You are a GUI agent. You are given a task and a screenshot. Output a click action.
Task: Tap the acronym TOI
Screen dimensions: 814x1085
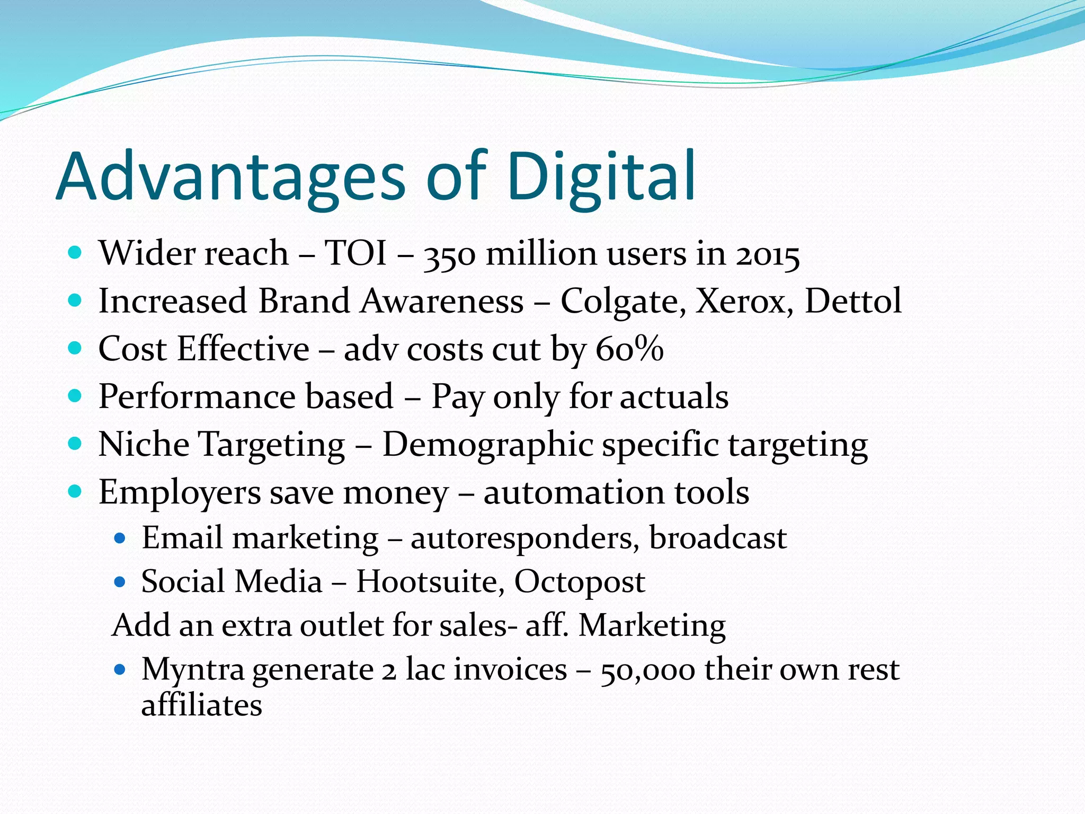coord(355,253)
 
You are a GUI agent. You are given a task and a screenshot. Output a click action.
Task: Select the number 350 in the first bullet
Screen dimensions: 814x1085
coord(450,255)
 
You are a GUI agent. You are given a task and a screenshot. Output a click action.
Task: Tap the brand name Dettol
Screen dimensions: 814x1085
coord(853,300)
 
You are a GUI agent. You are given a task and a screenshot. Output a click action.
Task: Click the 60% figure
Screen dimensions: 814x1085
coord(629,349)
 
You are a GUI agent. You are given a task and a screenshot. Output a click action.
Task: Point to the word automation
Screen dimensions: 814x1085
coord(573,492)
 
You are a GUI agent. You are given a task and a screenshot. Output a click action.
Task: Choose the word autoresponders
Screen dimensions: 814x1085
coord(524,539)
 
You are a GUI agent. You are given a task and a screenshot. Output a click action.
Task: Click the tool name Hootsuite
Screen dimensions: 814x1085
coord(430,581)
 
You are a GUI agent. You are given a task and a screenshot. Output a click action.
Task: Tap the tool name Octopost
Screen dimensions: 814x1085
coord(580,582)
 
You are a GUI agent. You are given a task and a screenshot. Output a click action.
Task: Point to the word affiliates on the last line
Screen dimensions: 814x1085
coord(201,705)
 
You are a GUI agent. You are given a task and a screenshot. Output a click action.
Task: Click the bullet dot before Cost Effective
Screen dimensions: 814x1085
coord(75,348)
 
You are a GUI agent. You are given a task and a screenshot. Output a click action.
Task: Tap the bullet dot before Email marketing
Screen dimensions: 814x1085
coord(120,539)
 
